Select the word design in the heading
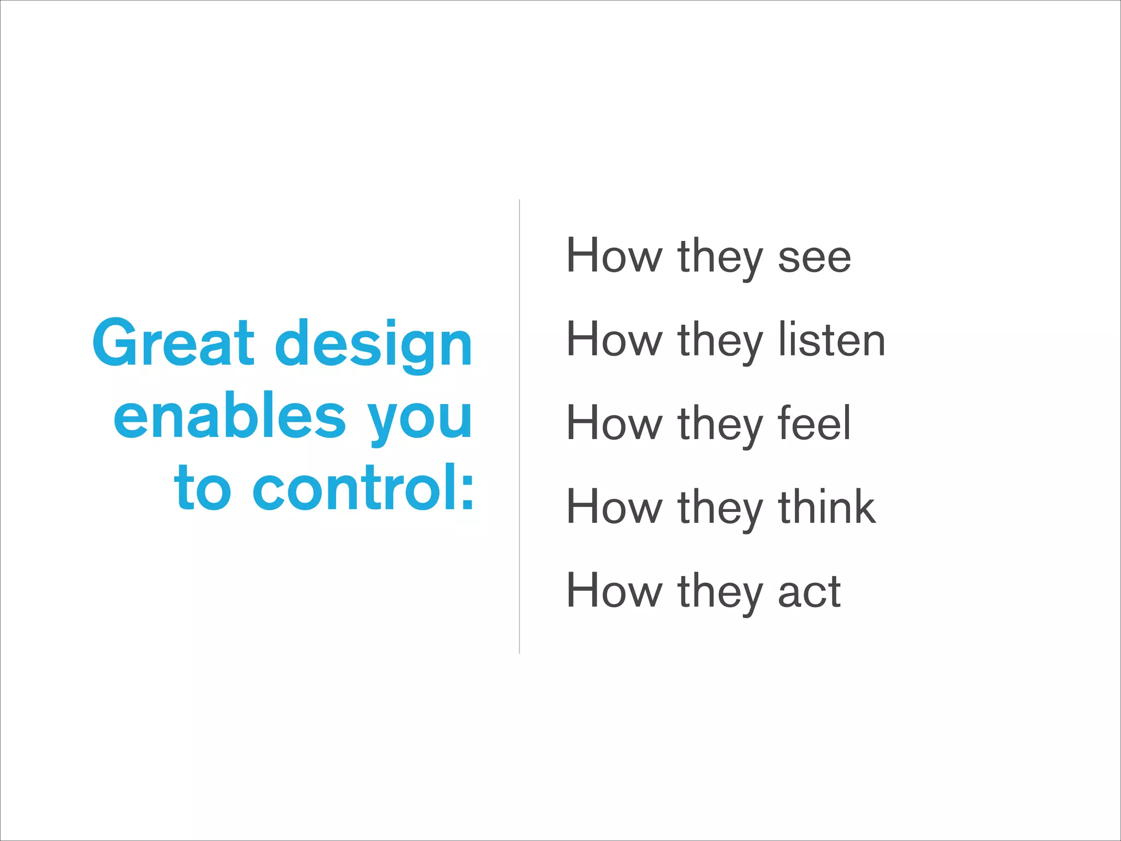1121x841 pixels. coord(373,345)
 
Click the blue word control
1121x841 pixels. coord(354,487)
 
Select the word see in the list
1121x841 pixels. coord(814,257)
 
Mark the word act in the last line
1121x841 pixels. coord(809,591)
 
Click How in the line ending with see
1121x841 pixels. coord(614,256)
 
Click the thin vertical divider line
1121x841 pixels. coord(519,427)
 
